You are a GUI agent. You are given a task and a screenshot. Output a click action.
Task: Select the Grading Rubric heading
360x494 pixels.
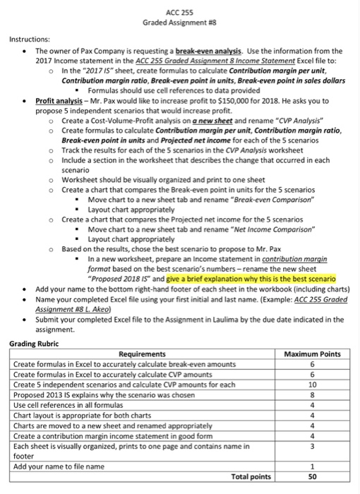35,343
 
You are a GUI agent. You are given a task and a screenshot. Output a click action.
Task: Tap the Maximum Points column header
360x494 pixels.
311,354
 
